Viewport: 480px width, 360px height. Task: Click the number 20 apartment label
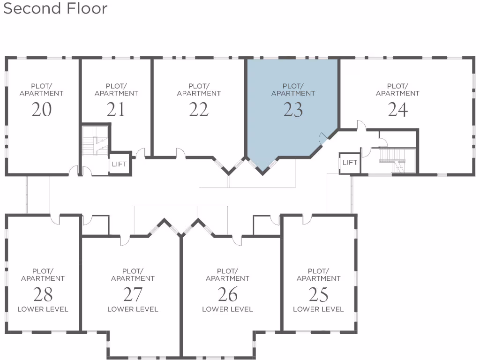click(41, 110)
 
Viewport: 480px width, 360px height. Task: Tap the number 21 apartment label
click(116, 110)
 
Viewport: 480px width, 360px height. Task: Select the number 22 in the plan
click(199, 110)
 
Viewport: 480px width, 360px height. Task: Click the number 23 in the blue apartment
click(293, 110)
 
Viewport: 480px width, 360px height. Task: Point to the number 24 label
click(397, 110)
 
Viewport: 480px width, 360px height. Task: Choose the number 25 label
click(318, 295)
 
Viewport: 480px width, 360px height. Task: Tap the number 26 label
click(227, 295)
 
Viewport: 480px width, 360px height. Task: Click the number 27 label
click(133, 295)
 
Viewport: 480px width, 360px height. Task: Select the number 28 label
click(43, 295)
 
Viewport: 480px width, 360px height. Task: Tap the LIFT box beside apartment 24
click(350, 163)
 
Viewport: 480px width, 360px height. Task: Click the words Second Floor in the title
click(55, 8)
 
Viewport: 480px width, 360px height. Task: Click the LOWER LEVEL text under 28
click(43, 309)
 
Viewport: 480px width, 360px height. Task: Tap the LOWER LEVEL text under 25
click(318, 309)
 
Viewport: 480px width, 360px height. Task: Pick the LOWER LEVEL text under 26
click(227, 309)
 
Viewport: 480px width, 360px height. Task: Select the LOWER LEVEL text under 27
click(133, 309)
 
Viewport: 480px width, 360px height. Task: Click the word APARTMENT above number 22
click(199, 93)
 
